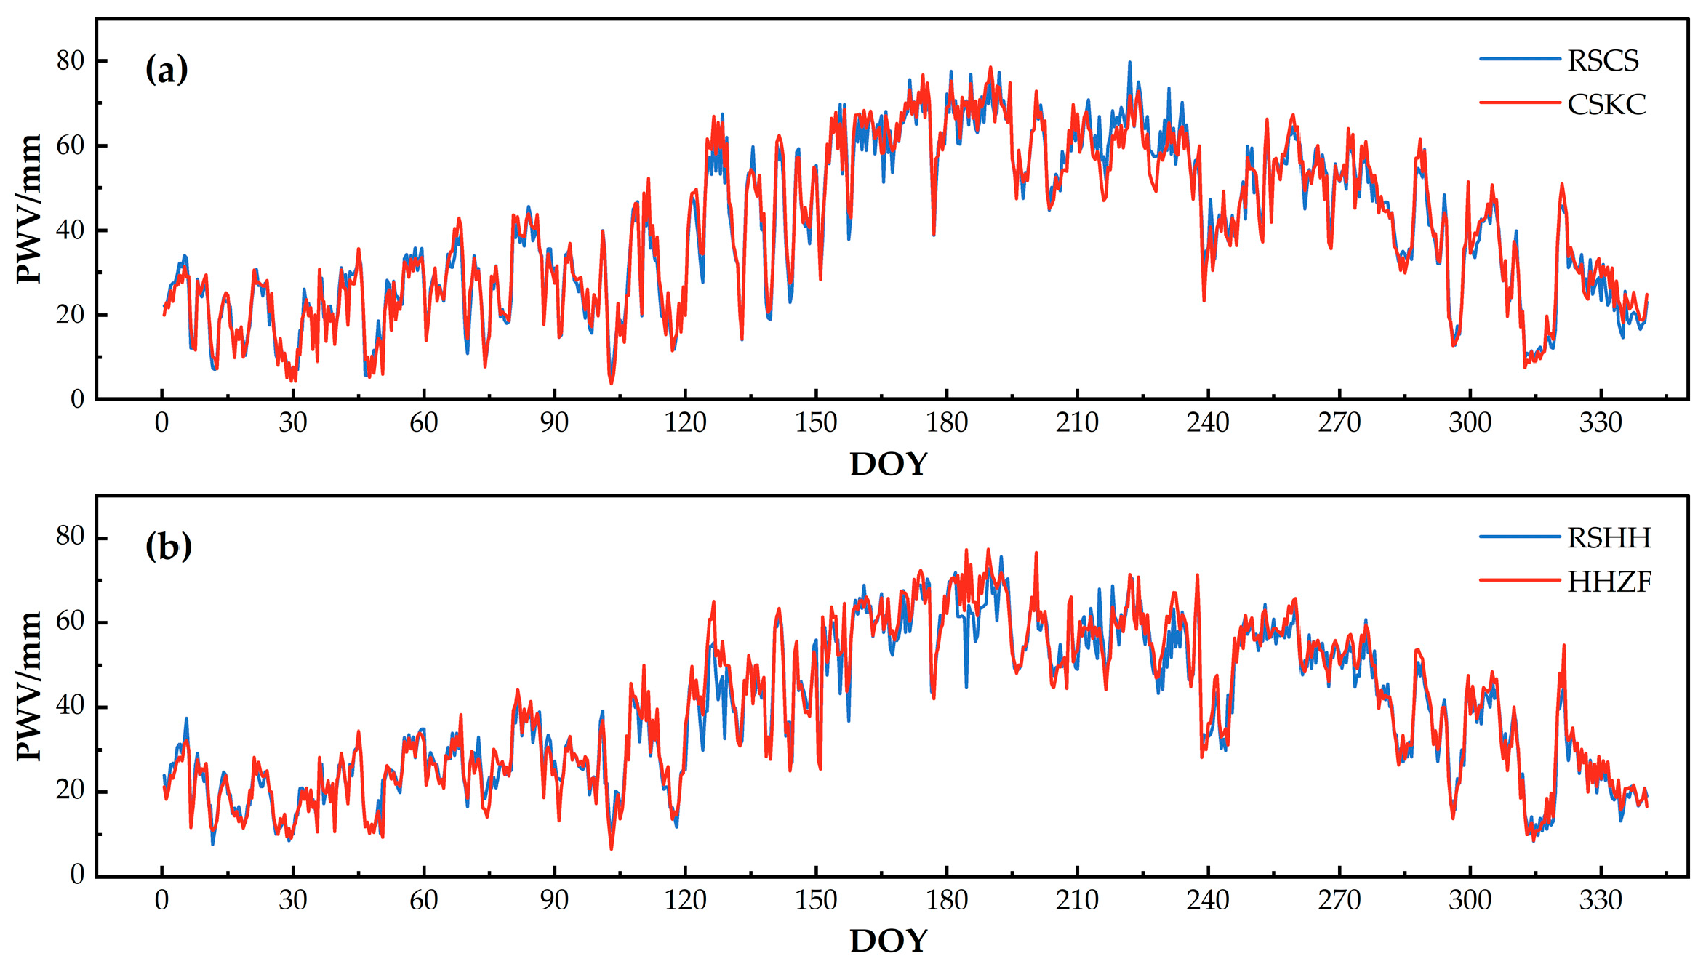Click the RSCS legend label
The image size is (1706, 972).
coord(1603,60)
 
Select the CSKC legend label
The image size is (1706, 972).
coord(1606,104)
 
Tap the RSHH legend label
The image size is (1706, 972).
coord(1609,537)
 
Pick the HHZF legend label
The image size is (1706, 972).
coord(1609,581)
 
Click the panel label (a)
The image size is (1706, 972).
coord(167,70)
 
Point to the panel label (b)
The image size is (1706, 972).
coord(168,546)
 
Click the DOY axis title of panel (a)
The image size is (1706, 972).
coord(888,464)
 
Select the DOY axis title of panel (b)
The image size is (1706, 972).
coord(888,941)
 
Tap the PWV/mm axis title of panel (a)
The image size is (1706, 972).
coord(29,209)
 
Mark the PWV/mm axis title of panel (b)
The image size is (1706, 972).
coord(29,686)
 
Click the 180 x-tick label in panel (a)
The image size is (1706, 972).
coord(947,422)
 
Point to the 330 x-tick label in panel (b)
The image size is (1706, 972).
coord(1601,900)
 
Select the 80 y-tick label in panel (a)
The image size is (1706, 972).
coord(71,61)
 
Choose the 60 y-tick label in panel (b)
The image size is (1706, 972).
coord(71,622)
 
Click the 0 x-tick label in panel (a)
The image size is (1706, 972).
coord(161,422)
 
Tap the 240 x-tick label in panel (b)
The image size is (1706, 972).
coord(1208,900)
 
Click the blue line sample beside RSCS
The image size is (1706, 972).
coord(1519,59)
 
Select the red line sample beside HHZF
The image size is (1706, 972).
coord(1519,580)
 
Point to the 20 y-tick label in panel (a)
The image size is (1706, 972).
coord(71,315)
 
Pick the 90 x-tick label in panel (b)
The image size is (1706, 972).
coord(554,900)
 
